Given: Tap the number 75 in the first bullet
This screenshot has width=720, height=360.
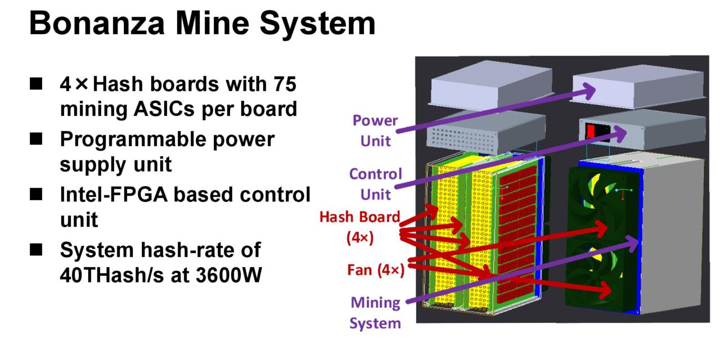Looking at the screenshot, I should click(283, 84).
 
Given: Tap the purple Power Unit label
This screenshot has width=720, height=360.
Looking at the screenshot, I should click(375, 130).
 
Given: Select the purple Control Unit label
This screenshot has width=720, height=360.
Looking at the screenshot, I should click(375, 184).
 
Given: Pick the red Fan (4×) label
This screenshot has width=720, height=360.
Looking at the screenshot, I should click(375, 271).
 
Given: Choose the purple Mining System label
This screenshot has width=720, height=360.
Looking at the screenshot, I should click(375, 313).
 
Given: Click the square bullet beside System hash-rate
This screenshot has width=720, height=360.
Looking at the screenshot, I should click(37, 250).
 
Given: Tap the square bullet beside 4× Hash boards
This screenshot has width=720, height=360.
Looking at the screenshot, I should click(37, 85).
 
